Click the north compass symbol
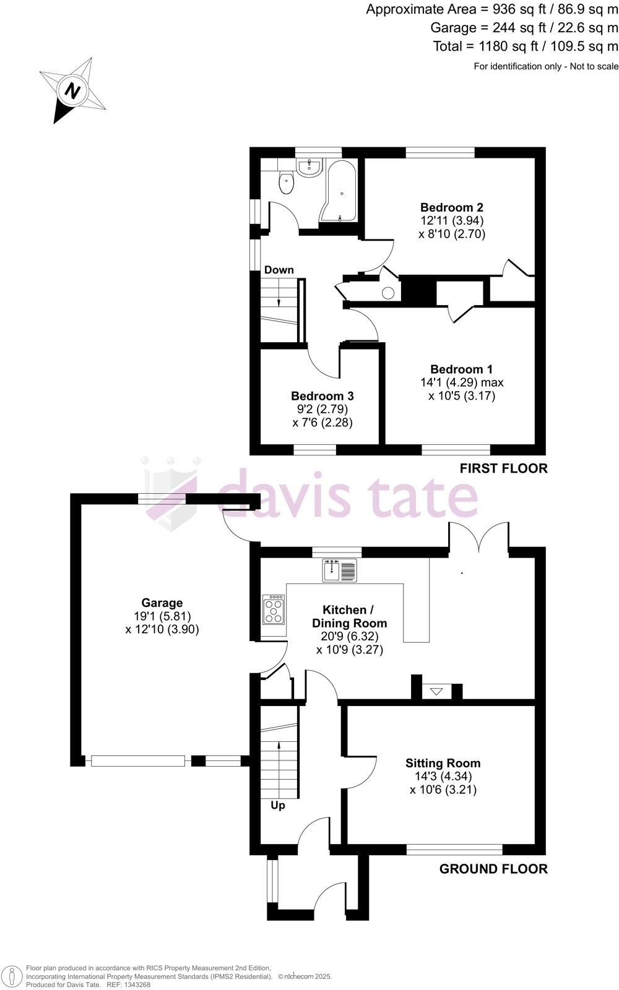coord(73,91)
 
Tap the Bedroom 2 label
coord(451,207)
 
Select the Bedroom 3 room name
coord(322,396)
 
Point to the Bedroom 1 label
coord(461,369)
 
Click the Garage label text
coord(162,603)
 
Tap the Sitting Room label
coord(443,763)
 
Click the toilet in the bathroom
coord(286,183)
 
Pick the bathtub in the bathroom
coord(339,191)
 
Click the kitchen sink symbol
coord(340,570)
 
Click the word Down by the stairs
coord(279,270)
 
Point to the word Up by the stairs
coord(278,806)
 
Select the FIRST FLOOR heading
coord(503,468)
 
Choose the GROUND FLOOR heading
coord(493,869)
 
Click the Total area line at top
coord(526,46)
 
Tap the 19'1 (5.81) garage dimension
coord(162,616)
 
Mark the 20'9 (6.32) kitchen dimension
coord(349,636)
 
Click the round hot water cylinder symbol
coord(388,293)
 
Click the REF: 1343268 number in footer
coord(129,984)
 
